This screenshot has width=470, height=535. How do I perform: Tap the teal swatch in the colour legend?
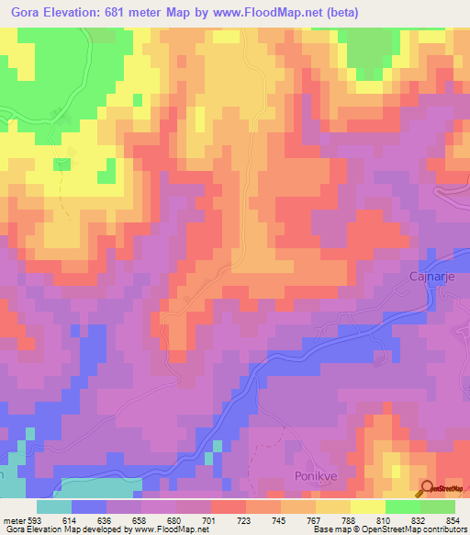point(54,507)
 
